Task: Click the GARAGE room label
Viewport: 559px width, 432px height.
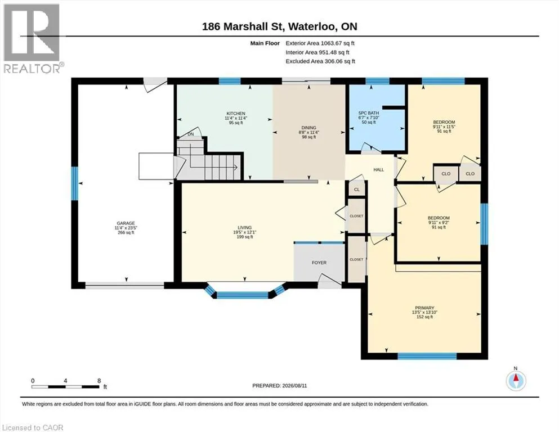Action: click(126, 223)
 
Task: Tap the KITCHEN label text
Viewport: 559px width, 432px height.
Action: click(236, 114)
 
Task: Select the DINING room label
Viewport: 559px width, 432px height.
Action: click(308, 128)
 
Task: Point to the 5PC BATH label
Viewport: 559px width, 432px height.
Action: click(369, 113)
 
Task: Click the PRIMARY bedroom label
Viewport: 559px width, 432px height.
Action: click(424, 308)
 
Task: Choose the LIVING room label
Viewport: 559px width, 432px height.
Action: click(244, 228)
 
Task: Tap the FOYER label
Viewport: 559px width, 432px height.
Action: click(319, 263)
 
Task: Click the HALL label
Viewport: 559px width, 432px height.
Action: click(379, 169)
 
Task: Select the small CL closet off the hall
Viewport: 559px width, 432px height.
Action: click(357, 190)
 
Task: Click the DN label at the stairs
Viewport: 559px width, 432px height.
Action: click(191, 134)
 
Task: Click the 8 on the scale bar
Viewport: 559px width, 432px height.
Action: click(99, 380)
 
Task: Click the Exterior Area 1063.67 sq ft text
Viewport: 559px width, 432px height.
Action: click(320, 43)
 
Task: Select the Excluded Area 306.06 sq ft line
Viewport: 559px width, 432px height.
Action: click(320, 61)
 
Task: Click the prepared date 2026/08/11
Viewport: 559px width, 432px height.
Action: click(294, 385)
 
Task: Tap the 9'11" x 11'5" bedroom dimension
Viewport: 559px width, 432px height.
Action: click(444, 127)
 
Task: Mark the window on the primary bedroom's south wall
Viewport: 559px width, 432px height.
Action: click(427, 356)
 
